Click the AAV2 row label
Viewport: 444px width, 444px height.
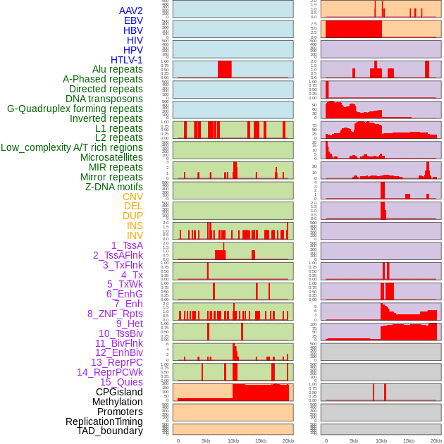[x=130, y=11]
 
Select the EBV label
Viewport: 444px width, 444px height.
[x=133, y=20]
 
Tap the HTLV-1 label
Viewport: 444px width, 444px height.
[x=127, y=60]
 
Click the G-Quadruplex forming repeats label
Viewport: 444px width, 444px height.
[x=75, y=109]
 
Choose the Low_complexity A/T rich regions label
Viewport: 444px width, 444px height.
[x=72, y=147]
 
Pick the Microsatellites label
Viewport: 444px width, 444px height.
[x=111, y=157]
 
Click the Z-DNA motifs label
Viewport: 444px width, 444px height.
[x=114, y=187]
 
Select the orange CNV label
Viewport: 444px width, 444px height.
[x=132, y=197]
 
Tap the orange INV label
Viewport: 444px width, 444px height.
[x=135, y=235]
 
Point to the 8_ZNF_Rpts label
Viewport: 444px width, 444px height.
[x=115, y=314]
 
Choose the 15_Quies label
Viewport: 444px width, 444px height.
[x=121, y=382]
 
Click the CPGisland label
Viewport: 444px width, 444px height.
[x=119, y=392]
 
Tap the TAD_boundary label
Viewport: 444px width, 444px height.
[x=110, y=431]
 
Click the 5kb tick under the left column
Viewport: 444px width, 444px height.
[x=206, y=440]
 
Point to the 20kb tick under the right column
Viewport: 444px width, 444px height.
[x=436, y=440]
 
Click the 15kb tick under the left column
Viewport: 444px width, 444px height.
[x=261, y=440]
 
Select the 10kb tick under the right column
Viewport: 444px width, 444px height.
[x=381, y=440]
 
